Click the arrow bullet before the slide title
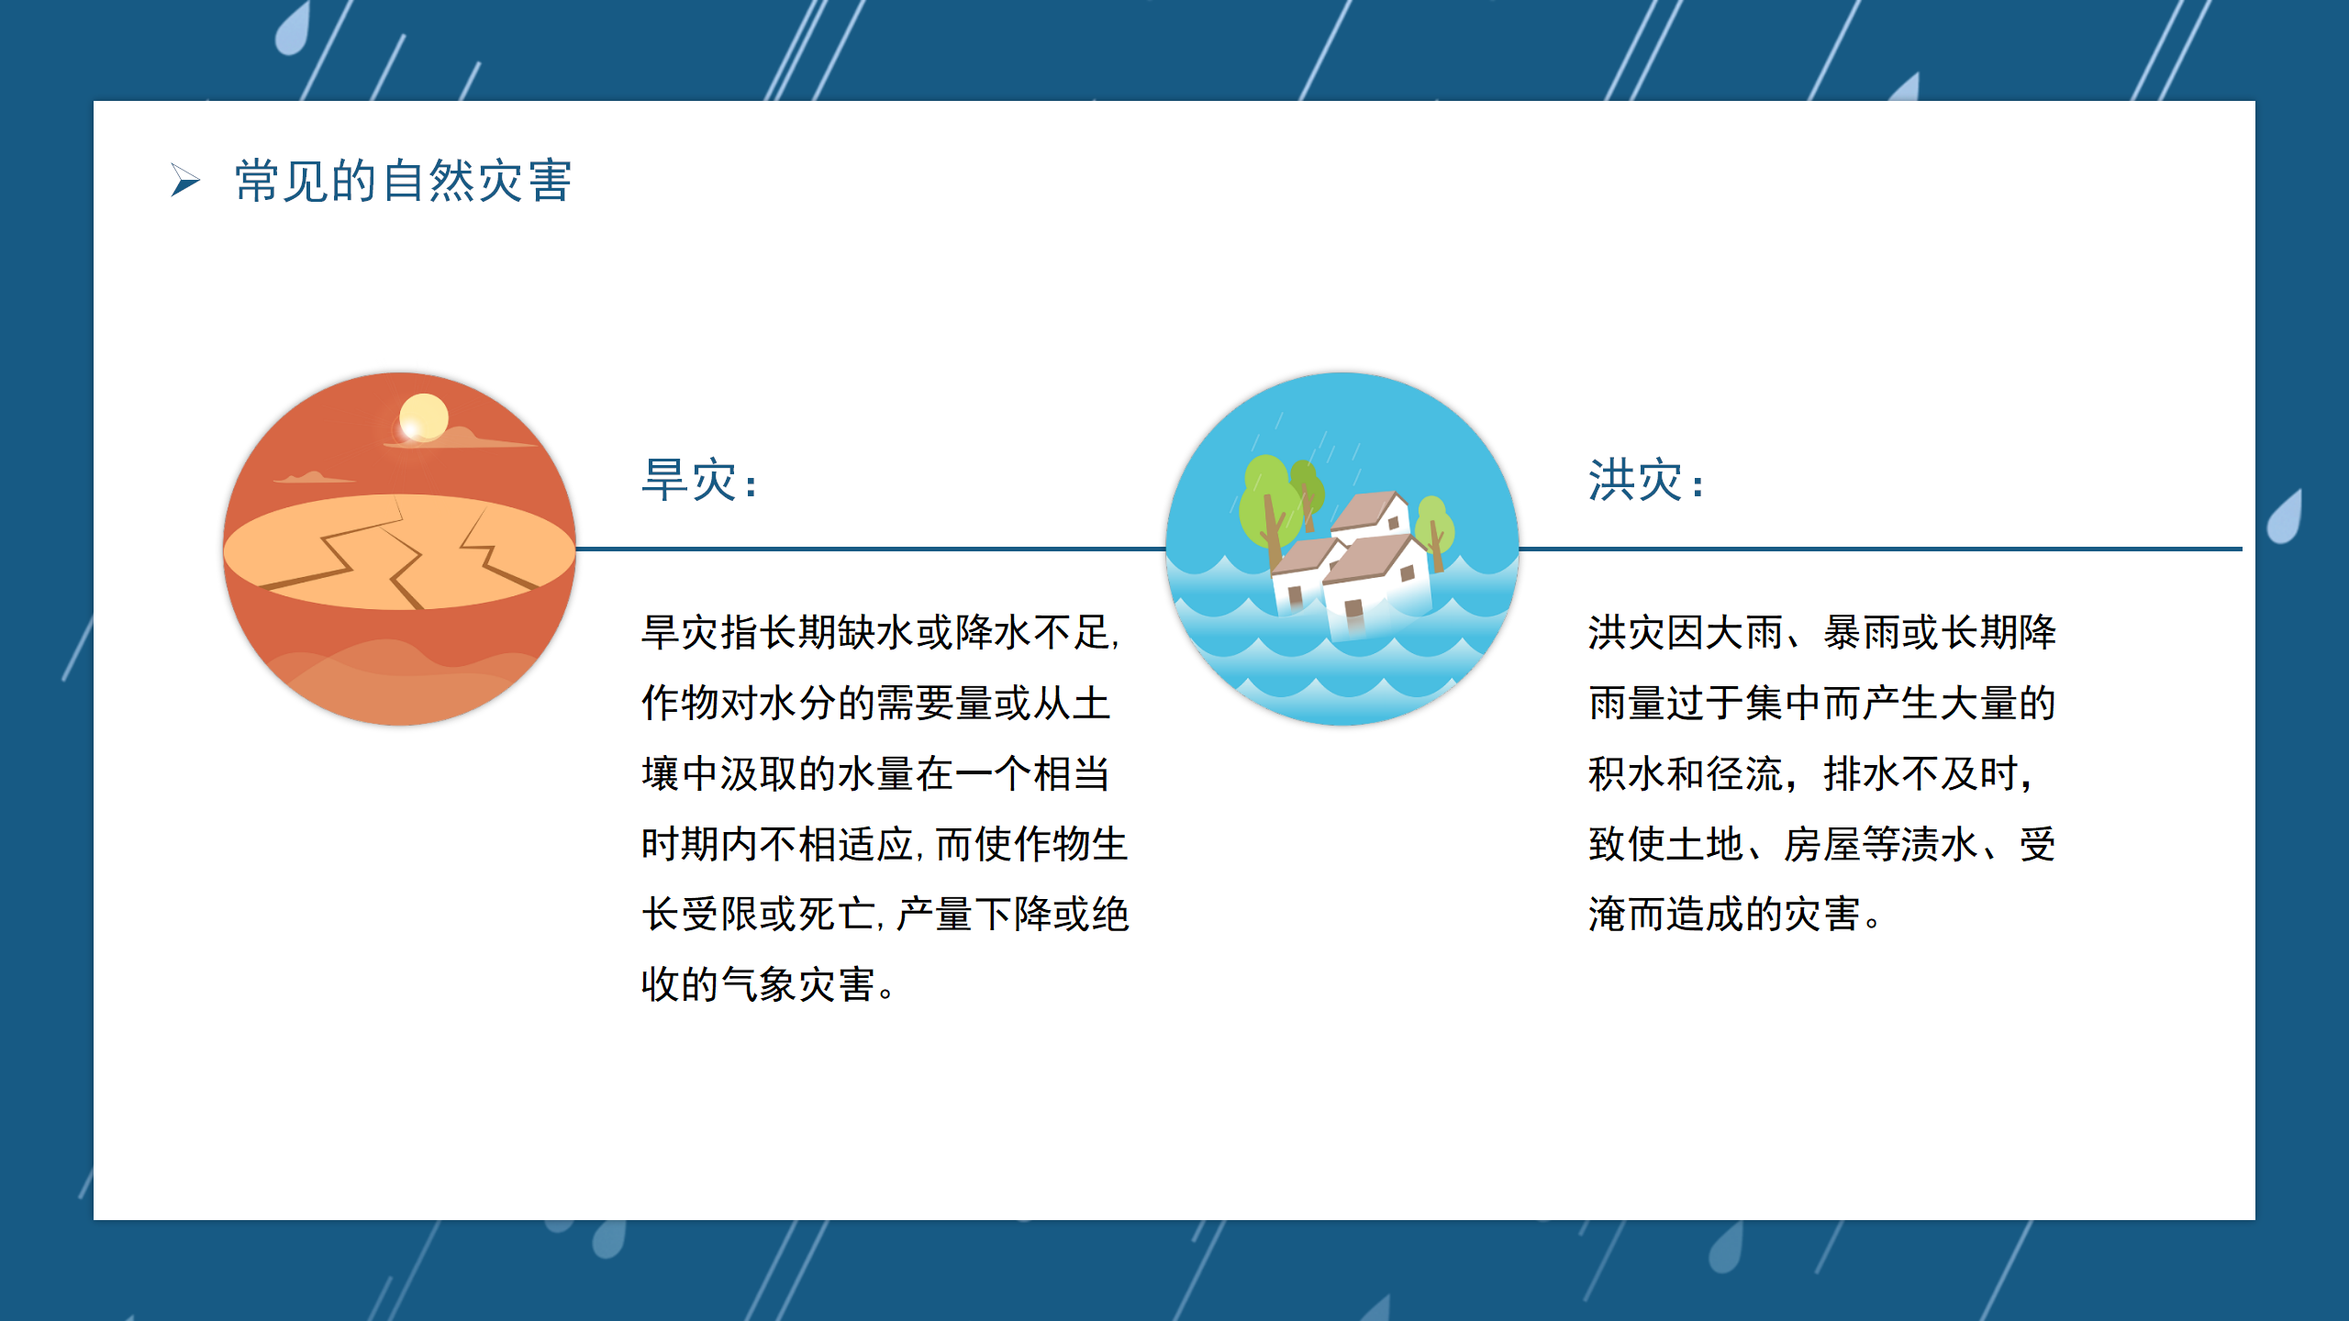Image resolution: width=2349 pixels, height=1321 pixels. [185, 180]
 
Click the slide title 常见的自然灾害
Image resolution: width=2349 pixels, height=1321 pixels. [404, 180]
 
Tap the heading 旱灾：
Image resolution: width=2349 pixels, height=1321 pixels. [700, 480]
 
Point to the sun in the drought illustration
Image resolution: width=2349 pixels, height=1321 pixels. [424, 417]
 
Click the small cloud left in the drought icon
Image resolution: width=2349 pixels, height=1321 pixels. [313, 477]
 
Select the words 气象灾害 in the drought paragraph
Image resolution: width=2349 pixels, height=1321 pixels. [797, 984]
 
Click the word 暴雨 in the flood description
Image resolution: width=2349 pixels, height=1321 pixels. [1862, 632]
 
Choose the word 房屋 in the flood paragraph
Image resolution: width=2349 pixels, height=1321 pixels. [1822, 844]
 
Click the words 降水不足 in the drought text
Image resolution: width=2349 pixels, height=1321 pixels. [1033, 632]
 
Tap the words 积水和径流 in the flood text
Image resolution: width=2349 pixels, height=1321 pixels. [1686, 773]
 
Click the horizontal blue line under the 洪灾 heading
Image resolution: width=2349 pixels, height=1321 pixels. [1880, 549]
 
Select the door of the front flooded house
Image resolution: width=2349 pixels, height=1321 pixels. [1353, 613]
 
